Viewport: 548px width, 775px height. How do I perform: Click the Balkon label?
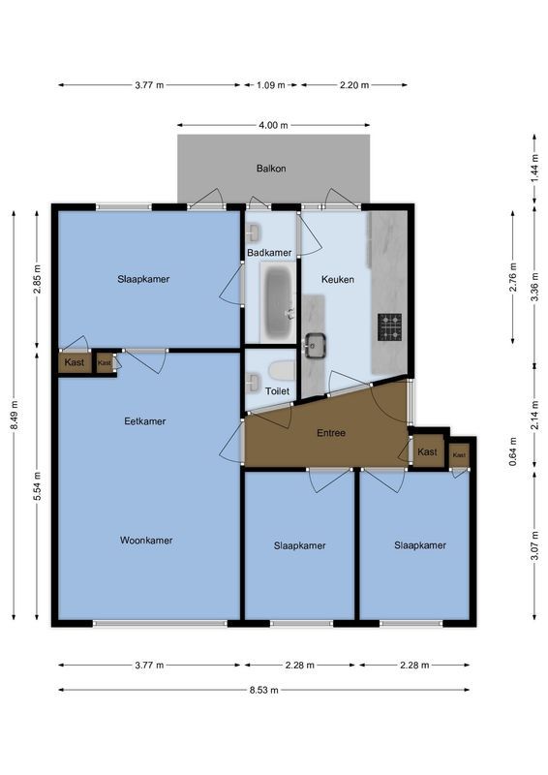point(271,169)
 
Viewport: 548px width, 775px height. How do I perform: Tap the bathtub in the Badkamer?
point(279,301)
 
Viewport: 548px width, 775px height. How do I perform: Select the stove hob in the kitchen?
point(389,327)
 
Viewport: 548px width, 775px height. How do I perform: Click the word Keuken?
point(338,279)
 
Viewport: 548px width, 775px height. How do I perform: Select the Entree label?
point(330,433)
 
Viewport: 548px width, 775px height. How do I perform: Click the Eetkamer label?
point(145,421)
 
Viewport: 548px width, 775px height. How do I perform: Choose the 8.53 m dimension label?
point(263,690)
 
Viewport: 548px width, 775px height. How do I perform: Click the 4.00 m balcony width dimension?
point(273,125)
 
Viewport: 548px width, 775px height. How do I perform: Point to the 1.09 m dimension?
point(271,85)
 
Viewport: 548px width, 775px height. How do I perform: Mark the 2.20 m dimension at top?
point(354,85)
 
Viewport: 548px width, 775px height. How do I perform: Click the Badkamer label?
point(269,253)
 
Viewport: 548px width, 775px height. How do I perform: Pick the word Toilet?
point(277,390)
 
